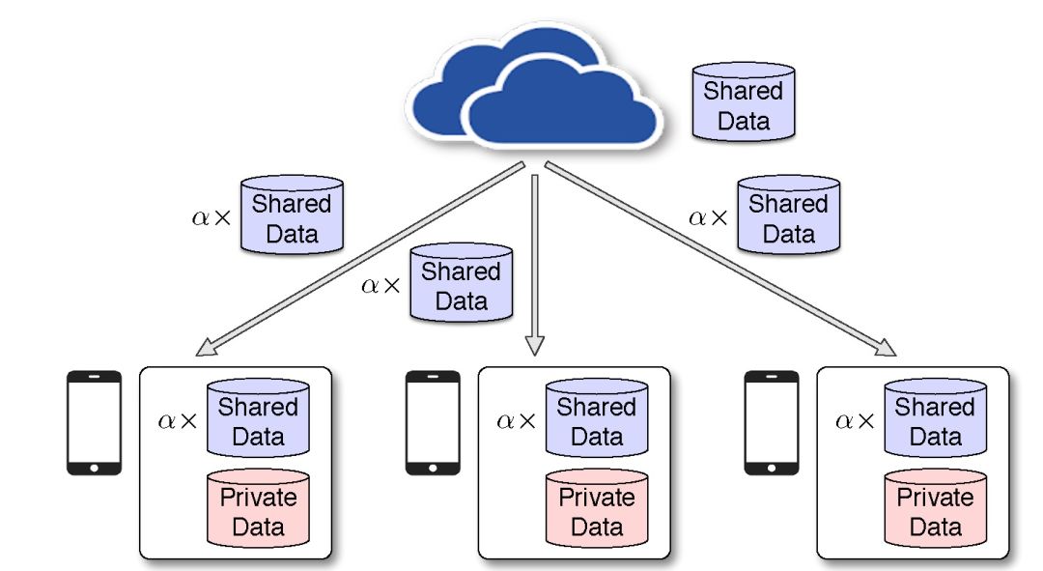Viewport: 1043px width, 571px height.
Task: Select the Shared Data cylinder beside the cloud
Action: tap(744, 103)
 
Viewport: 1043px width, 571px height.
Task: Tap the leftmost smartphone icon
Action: tap(94, 422)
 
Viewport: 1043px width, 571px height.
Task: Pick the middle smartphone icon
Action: tap(432, 422)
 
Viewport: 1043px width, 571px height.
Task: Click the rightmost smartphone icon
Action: tap(771, 422)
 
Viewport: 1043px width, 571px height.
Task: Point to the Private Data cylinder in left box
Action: tap(258, 509)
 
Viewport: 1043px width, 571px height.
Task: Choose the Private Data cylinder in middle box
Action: tap(596, 509)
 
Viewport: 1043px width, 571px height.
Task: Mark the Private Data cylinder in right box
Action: tap(935, 509)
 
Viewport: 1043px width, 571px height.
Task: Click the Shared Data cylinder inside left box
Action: tap(258, 418)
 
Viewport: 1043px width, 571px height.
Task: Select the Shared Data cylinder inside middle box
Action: tap(596, 418)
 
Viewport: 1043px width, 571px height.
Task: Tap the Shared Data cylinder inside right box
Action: tap(935, 418)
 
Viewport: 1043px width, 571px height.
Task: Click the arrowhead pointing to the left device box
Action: tap(207, 348)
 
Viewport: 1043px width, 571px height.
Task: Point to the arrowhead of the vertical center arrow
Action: tap(535, 345)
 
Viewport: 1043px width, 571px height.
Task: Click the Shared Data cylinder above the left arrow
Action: tap(292, 216)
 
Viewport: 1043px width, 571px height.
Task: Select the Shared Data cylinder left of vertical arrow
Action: tap(461, 283)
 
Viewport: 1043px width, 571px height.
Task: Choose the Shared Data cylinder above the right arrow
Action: tap(788, 216)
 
